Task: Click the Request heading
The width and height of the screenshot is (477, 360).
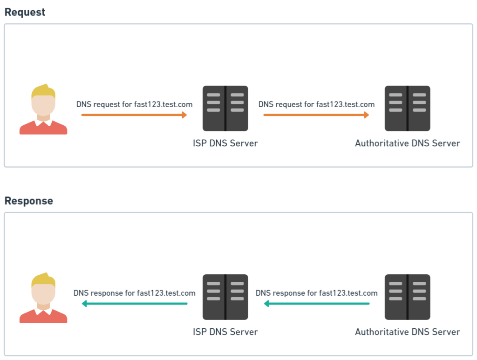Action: point(25,12)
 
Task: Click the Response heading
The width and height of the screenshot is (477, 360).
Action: point(28,201)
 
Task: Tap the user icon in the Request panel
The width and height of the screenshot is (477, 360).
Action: point(43,109)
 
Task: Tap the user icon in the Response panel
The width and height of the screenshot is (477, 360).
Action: point(43,298)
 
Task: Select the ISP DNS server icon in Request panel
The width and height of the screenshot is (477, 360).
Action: point(225,108)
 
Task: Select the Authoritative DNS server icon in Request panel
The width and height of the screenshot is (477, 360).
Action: point(407,108)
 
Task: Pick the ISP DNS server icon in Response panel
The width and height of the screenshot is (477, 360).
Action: point(225,297)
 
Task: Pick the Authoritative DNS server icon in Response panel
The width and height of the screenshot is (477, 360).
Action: point(407,297)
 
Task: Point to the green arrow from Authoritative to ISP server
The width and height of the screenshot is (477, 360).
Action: point(316,304)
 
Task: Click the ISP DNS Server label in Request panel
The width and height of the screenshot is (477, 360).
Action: point(225,143)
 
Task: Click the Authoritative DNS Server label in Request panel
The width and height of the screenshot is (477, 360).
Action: point(407,143)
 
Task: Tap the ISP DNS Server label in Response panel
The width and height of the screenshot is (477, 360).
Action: point(225,332)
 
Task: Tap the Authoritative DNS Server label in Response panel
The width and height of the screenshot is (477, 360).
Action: point(407,332)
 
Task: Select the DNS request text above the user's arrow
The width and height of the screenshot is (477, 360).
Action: point(134,104)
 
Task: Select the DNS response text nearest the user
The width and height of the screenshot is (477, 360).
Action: point(134,293)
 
